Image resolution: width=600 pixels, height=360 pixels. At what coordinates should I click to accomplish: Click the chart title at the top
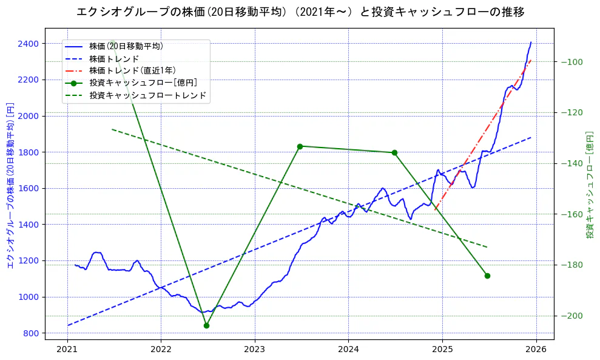[x=300, y=12]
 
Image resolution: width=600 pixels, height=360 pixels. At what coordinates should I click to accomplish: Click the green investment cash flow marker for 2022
[x=206, y=325]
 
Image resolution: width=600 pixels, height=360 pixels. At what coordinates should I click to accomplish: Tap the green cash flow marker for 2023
[x=300, y=146]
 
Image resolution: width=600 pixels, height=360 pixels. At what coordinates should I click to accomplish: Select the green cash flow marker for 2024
[x=394, y=152]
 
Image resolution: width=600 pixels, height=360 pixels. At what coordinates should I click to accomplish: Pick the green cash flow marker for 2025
[x=487, y=276]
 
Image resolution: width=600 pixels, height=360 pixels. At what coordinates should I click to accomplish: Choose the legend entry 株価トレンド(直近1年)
[x=132, y=70]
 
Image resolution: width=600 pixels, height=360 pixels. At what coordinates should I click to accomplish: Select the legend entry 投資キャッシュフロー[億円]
[x=143, y=83]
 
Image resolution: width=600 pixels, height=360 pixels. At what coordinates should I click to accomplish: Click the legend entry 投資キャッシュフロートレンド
[x=147, y=95]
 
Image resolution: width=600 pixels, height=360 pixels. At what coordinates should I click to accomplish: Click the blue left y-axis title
[x=10, y=185]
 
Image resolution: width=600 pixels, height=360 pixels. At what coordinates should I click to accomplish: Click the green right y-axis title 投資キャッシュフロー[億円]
[x=590, y=185]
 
